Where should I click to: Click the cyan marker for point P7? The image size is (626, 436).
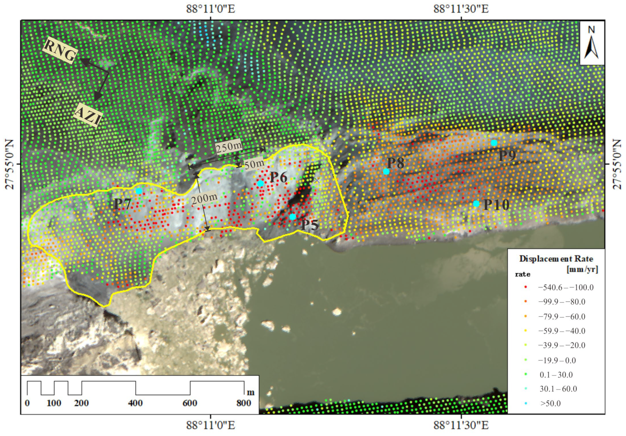(139, 191)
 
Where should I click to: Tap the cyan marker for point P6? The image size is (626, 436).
(261, 183)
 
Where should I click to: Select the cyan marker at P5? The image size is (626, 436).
(293, 217)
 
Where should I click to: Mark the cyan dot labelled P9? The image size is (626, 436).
(494, 143)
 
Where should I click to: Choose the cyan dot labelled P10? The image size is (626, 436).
(476, 204)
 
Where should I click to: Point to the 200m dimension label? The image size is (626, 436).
(204, 200)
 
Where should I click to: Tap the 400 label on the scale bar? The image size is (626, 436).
(135, 403)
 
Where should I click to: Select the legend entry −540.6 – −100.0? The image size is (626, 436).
(566, 287)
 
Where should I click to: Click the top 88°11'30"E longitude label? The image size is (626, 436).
(461, 9)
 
